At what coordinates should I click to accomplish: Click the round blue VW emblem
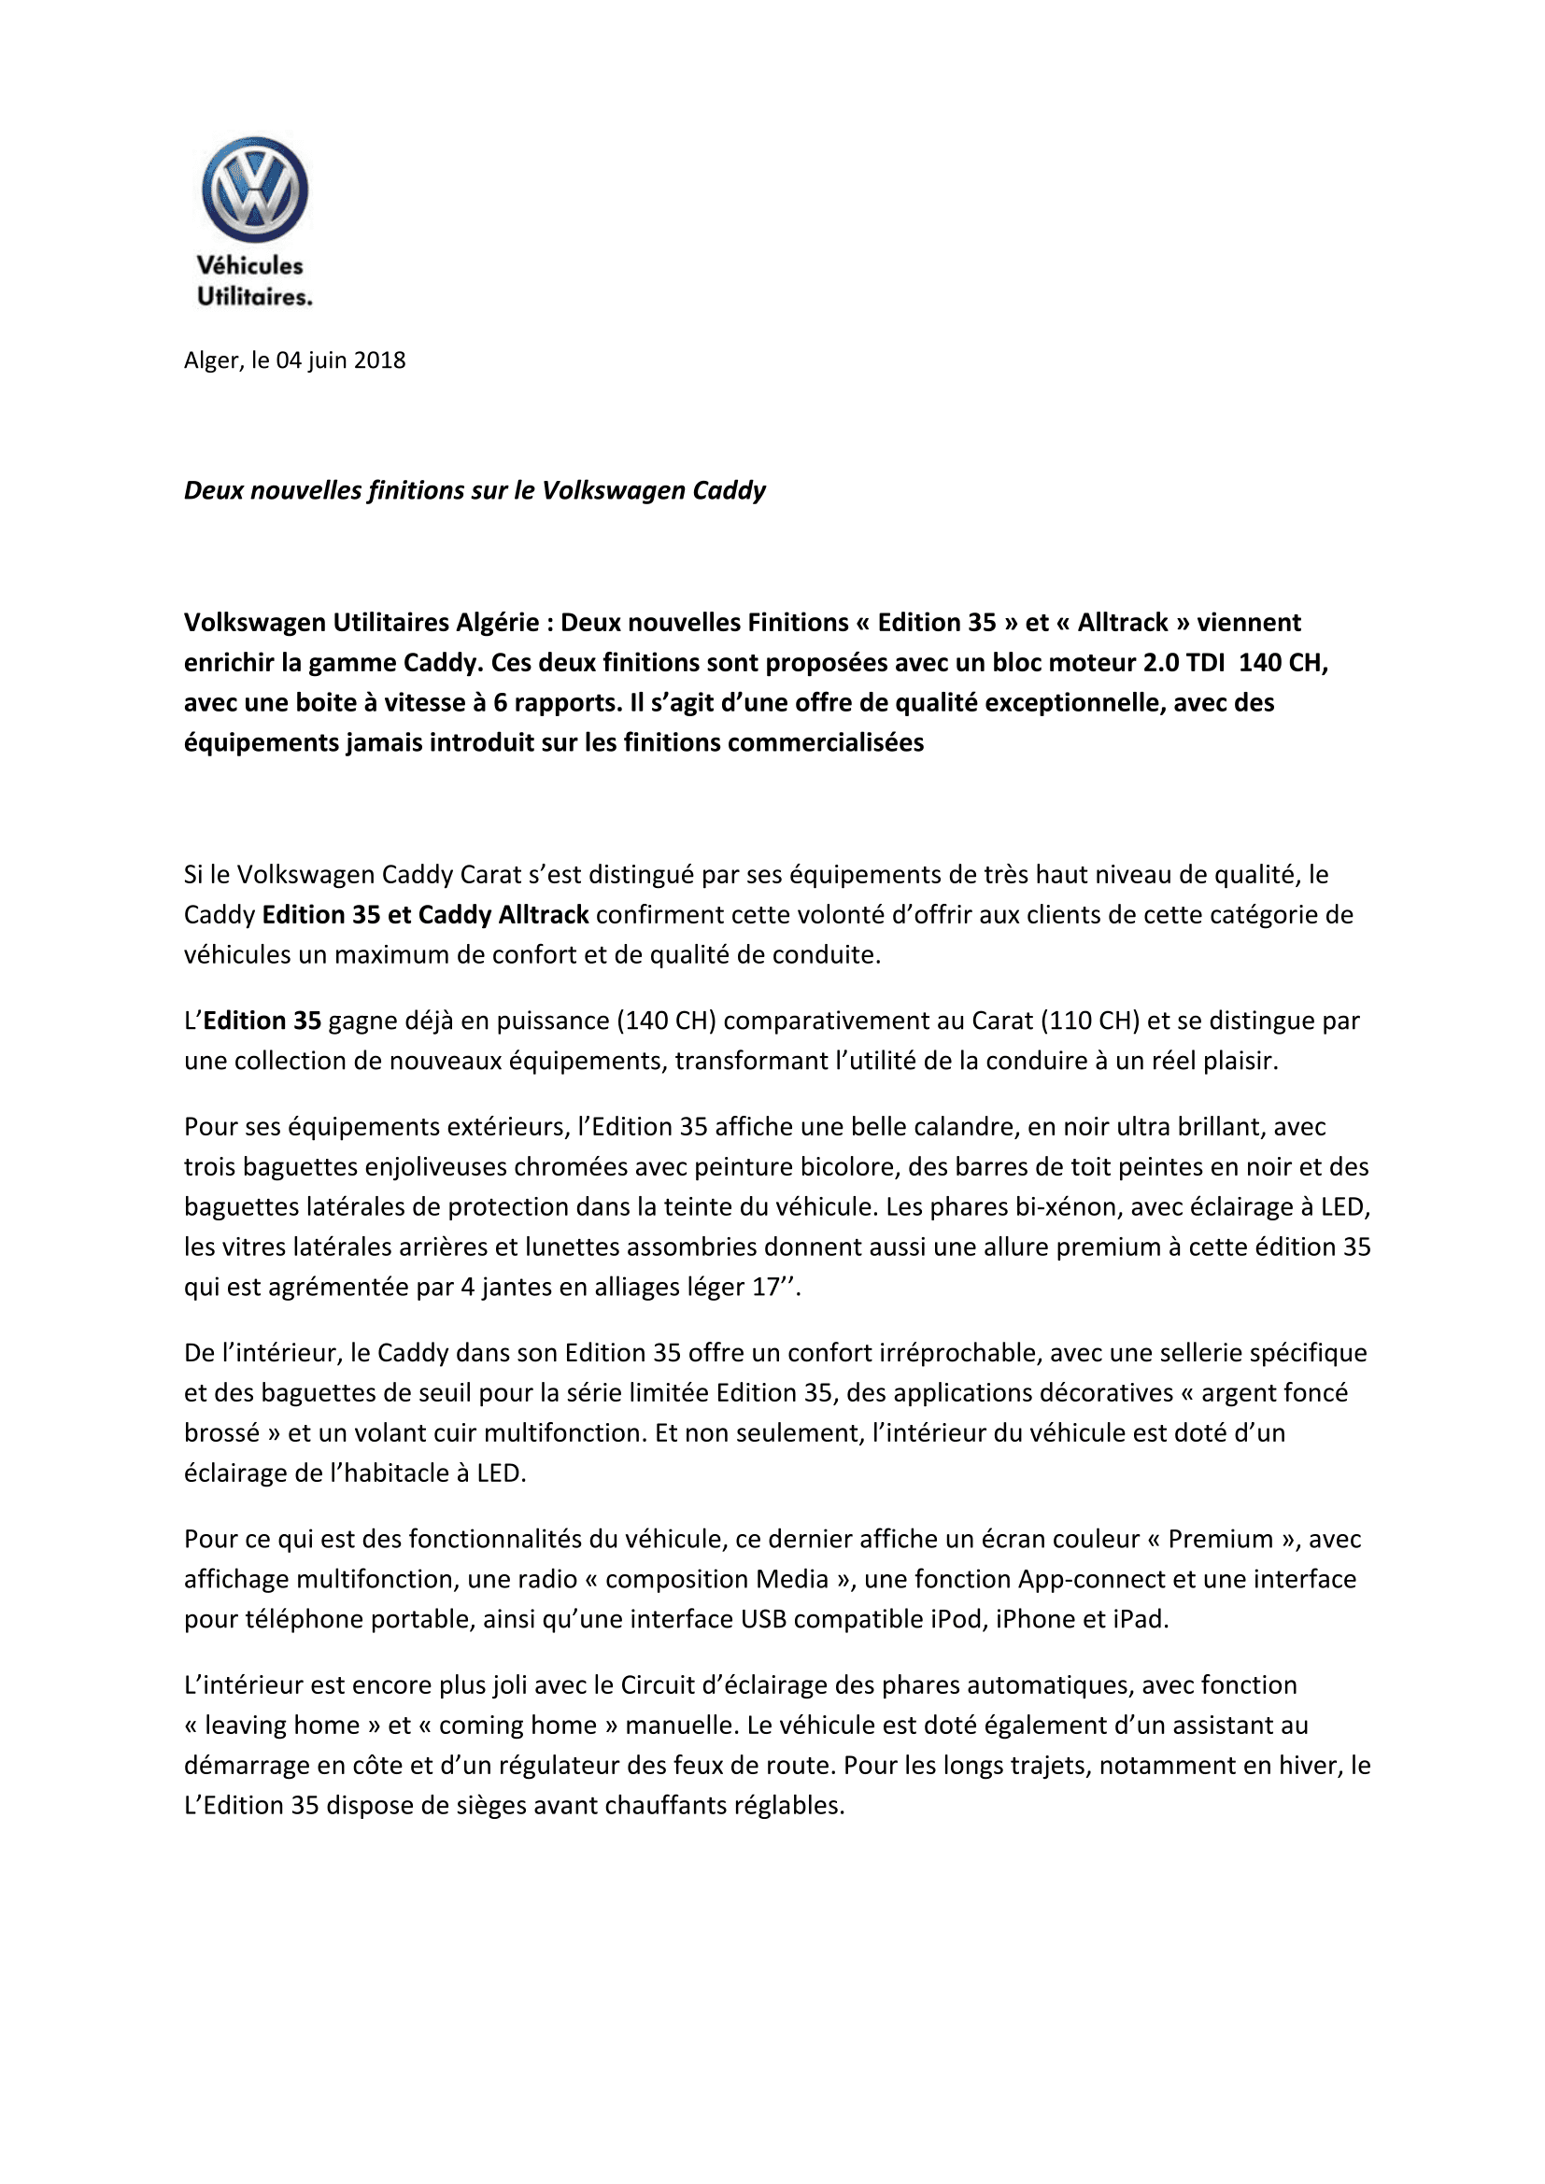point(254,189)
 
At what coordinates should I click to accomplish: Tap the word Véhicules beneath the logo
point(249,265)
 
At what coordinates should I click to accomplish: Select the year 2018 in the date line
point(379,360)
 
